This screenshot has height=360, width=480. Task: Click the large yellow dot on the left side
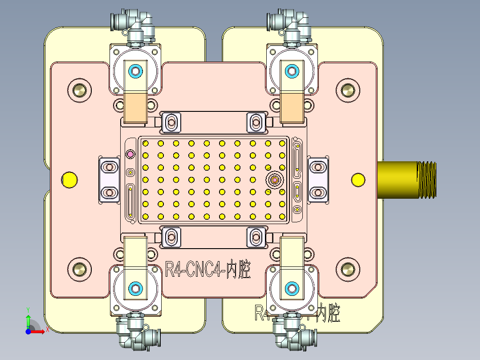(69, 180)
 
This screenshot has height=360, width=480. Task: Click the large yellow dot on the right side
(358, 180)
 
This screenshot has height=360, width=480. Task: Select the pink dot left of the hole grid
(130, 154)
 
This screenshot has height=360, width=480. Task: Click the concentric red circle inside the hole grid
(275, 180)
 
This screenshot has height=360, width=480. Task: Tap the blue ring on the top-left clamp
(135, 71)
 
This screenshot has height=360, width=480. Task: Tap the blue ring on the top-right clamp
(292, 70)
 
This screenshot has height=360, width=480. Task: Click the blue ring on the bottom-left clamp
(135, 289)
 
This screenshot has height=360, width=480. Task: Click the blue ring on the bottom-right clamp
(292, 289)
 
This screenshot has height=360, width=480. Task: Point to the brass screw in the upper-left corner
(80, 90)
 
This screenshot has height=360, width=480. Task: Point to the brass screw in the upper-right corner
(347, 90)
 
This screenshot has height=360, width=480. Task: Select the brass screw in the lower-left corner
(80, 269)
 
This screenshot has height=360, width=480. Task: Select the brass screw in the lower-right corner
(347, 269)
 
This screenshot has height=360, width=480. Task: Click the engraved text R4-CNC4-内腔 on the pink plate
(207, 270)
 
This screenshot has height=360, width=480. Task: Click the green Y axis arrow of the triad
(28, 320)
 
